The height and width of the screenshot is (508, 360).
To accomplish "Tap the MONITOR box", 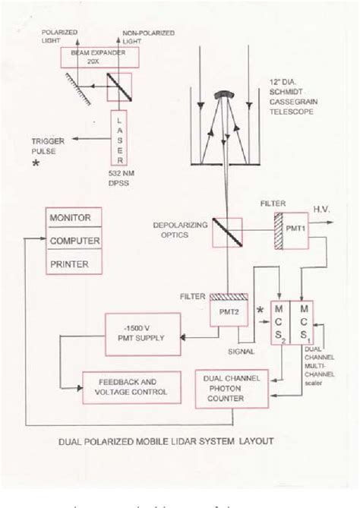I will pos(75,219).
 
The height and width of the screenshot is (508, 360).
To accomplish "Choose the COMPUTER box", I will pos(75,241).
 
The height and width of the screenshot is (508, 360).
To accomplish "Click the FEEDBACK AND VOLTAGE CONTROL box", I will pos(132,387).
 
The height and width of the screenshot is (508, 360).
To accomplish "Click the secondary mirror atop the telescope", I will pos(223,96).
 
